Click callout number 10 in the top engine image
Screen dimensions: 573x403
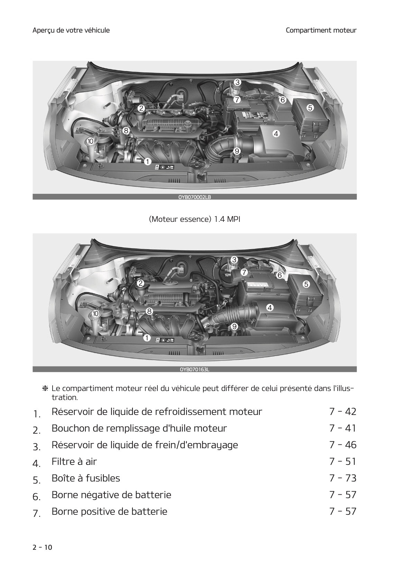click(x=90, y=141)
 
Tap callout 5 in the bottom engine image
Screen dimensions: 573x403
click(x=306, y=284)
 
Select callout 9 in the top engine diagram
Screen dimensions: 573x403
click(x=237, y=151)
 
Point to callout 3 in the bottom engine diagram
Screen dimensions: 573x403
click(x=234, y=260)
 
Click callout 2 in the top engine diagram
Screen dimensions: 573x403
click(x=141, y=108)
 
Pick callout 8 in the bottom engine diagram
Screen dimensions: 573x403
click(x=149, y=311)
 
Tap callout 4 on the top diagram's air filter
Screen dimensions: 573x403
click(x=276, y=133)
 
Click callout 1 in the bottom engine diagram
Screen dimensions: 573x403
click(x=147, y=338)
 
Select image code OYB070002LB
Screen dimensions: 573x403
click(x=194, y=197)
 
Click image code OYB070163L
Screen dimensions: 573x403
click(x=194, y=370)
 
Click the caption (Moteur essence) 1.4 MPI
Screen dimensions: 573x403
click(x=194, y=219)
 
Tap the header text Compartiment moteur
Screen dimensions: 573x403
click(x=321, y=30)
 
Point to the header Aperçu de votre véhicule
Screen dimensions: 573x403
click(x=71, y=30)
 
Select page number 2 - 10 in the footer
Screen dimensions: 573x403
click(x=42, y=547)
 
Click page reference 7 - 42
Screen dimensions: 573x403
click(x=342, y=411)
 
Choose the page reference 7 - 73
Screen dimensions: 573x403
click(x=342, y=478)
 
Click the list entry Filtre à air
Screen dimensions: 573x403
click(x=74, y=461)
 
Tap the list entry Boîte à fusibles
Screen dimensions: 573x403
click(x=85, y=478)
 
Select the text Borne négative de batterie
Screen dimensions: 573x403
click(x=111, y=495)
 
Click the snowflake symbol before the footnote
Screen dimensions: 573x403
click(x=45, y=389)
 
